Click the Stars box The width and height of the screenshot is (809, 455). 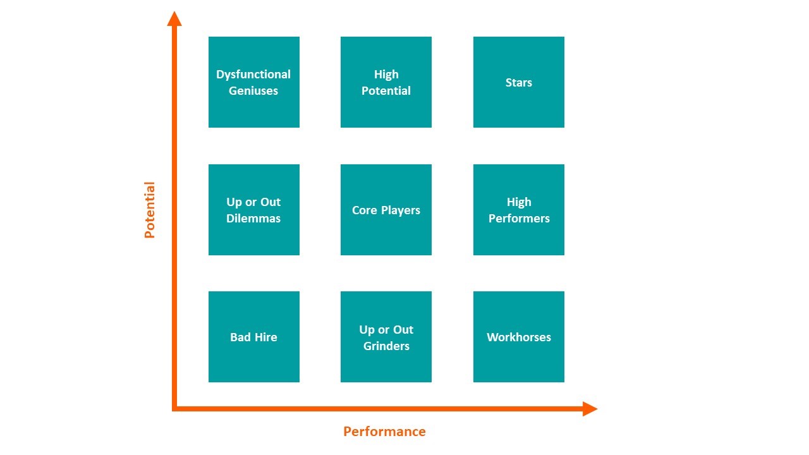[x=519, y=82]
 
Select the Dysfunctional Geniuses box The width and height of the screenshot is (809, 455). [x=254, y=82]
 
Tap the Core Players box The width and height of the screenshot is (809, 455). [x=386, y=210]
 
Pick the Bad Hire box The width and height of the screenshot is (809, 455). [x=254, y=337]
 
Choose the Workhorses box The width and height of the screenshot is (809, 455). [x=519, y=337]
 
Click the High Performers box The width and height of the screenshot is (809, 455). [x=519, y=210]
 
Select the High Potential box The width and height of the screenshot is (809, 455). [x=386, y=82]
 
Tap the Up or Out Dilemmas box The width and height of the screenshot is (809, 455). [x=254, y=210]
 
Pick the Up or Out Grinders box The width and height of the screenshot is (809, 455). [x=386, y=337]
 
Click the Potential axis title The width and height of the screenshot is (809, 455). [x=150, y=210]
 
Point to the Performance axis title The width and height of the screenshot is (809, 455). [x=385, y=432]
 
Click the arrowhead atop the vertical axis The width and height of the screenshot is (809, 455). [x=174, y=19]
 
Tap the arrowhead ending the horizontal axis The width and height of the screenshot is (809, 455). [x=590, y=409]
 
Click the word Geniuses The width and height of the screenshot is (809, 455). [x=253, y=90]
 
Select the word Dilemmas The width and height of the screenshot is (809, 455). [x=253, y=218]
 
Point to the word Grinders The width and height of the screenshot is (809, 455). [x=386, y=346]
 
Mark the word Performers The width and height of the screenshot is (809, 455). [x=519, y=218]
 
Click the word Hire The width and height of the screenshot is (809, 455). [x=266, y=337]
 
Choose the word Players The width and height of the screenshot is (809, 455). [x=401, y=210]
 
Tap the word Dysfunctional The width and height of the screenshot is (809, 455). [x=253, y=75]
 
